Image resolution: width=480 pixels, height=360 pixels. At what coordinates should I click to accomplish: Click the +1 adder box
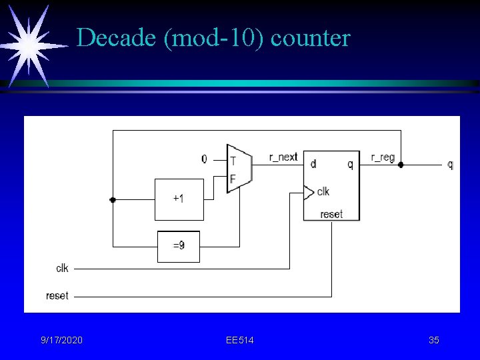coord(179,199)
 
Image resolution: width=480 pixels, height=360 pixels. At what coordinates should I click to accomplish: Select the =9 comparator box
coord(179,246)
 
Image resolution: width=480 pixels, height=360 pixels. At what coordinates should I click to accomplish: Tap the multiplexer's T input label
coord(233,161)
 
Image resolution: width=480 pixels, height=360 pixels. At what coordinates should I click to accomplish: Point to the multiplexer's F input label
coord(233,179)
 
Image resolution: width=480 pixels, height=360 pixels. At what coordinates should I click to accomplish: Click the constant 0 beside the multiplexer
coord(204,159)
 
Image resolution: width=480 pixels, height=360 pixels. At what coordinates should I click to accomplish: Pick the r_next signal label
coord(283,157)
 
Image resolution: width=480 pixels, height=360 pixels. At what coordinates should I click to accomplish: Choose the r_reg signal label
coord(383,157)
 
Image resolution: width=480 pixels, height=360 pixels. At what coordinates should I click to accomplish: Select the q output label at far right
coord(451,164)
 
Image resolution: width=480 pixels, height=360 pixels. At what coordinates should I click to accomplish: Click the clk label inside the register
coord(323,192)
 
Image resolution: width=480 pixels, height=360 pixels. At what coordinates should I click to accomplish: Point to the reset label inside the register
coord(331,214)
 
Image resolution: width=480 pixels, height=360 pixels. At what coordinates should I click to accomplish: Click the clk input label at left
coord(62,268)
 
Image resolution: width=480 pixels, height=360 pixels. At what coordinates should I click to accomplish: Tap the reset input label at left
coord(57,295)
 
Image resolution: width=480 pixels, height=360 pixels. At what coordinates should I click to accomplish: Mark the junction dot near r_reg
coord(401,164)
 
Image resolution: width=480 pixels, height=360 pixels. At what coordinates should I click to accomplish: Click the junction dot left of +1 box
coord(113,199)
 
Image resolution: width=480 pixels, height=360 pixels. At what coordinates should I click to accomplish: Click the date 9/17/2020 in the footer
coord(62,341)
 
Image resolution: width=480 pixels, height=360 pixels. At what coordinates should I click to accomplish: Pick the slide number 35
coord(434,341)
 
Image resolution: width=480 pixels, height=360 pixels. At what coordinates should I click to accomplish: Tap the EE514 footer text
coord(240,341)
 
